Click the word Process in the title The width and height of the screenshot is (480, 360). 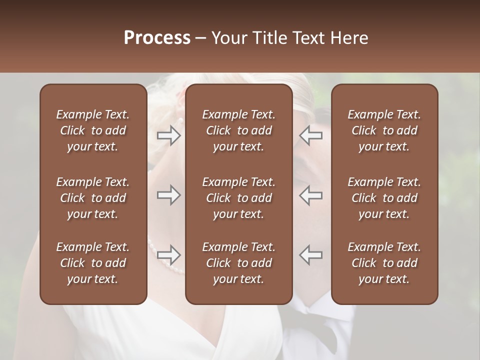[x=157, y=38]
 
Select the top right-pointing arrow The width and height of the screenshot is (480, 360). [x=168, y=135]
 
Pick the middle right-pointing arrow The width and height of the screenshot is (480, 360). [x=168, y=195]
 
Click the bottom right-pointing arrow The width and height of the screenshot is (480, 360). [x=168, y=255]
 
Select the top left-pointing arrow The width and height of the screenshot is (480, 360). [x=311, y=135]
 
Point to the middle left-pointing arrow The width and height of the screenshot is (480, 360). [x=311, y=195]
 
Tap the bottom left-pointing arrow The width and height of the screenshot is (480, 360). [x=311, y=255]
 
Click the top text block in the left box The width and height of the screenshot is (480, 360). [x=93, y=130]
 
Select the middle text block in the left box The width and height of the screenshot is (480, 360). [x=93, y=198]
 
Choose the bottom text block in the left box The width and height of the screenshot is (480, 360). [x=93, y=263]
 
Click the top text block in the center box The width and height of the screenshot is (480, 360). [x=239, y=130]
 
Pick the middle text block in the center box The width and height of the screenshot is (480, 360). [x=239, y=198]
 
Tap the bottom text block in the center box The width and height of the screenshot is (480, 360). [x=239, y=263]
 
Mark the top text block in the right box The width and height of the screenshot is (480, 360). [x=384, y=130]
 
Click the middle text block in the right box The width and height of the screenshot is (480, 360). [x=384, y=198]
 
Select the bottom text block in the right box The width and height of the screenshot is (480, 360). [x=384, y=263]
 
